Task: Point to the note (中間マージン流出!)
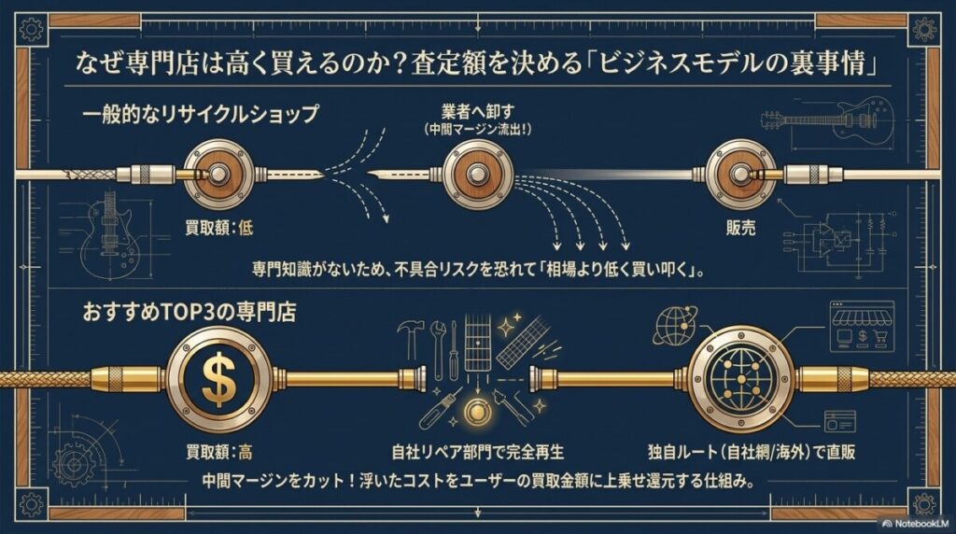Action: click(477, 129)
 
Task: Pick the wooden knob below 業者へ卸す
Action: click(479, 173)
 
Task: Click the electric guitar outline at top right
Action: click(826, 119)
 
